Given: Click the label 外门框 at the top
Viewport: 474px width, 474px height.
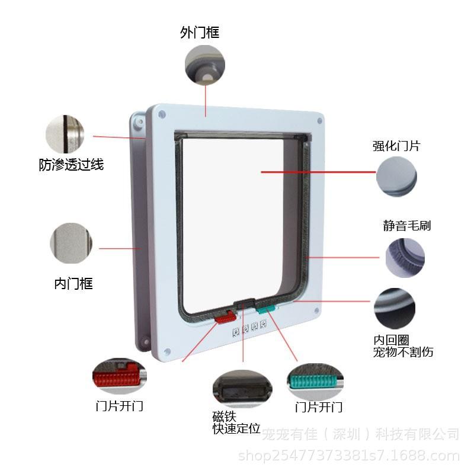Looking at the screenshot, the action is (200, 32).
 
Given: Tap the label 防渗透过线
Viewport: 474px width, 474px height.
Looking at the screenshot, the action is (71, 165).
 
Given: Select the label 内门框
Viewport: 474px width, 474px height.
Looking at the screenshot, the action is (73, 283).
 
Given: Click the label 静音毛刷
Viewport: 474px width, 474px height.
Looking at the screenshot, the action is (406, 225).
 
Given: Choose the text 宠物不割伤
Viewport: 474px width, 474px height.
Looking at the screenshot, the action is (403, 352).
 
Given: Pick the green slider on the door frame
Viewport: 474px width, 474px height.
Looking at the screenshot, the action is (266, 309).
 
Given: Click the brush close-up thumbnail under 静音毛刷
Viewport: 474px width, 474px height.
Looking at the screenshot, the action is (405, 257).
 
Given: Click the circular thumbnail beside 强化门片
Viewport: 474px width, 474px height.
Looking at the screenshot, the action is (397, 177).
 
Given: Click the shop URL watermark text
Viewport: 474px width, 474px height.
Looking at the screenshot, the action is (348, 456).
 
